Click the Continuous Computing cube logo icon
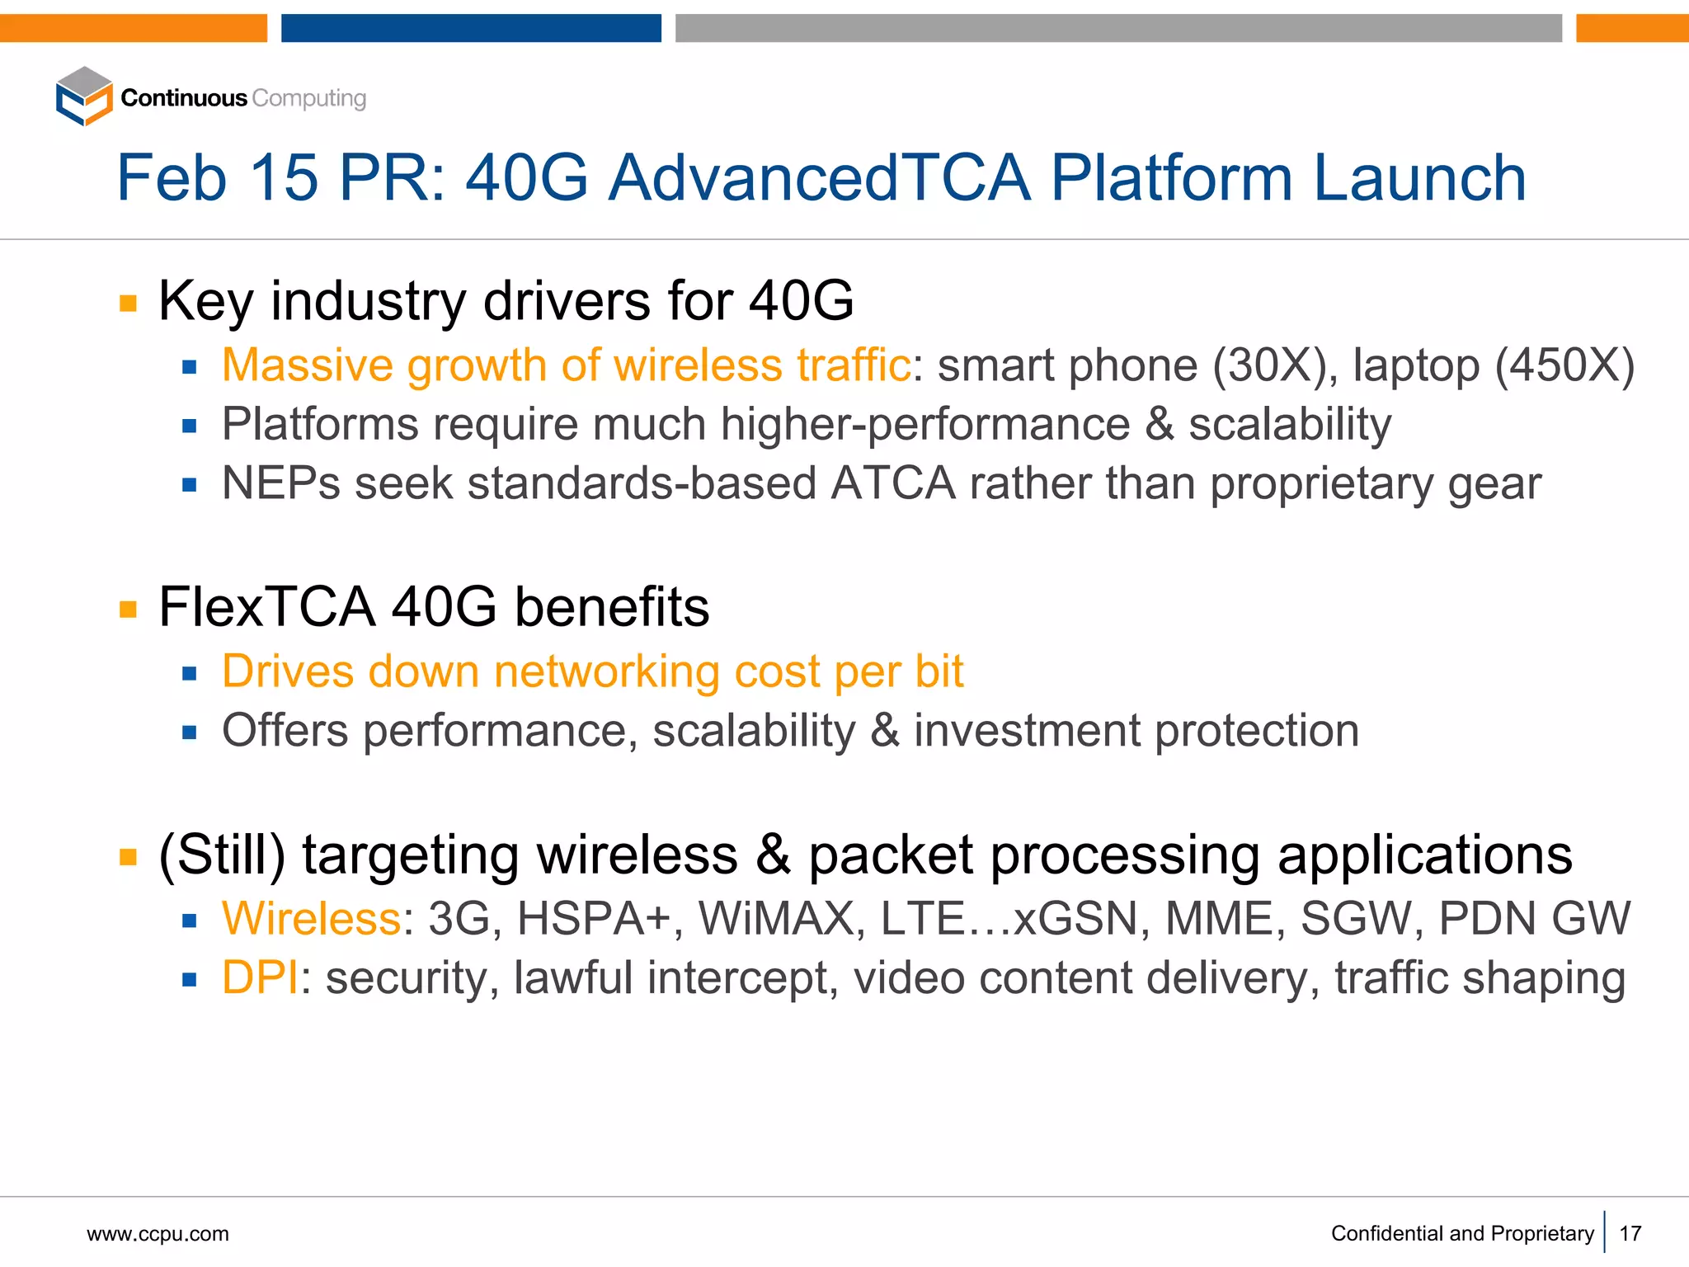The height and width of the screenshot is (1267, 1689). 83,97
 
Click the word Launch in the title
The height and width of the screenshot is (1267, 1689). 1419,178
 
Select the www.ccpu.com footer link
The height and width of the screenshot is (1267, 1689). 158,1234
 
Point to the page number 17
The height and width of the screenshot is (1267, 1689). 1630,1234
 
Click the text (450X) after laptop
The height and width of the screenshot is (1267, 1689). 1564,365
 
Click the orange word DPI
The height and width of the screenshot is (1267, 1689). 260,978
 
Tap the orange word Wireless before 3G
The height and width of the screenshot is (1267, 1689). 312,919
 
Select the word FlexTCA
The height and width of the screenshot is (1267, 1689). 267,607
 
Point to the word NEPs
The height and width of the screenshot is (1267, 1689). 281,483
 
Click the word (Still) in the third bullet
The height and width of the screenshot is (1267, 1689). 222,855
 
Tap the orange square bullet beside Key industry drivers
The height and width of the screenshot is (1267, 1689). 128,303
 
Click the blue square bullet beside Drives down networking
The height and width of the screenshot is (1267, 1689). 190,674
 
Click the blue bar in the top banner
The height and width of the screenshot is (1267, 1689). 471,27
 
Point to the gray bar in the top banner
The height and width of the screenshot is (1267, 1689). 1118,27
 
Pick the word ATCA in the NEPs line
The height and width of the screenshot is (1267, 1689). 893,483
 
